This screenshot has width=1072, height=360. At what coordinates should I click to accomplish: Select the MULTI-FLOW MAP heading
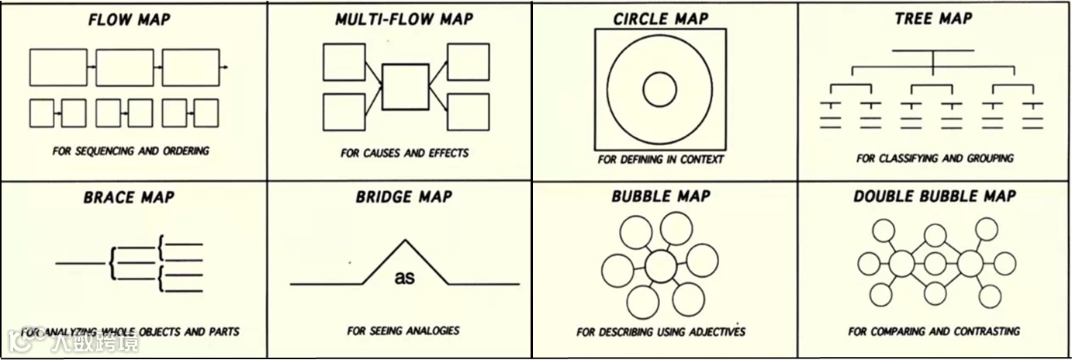[x=403, y=19]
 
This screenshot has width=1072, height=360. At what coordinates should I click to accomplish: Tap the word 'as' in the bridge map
[x=404, y=277]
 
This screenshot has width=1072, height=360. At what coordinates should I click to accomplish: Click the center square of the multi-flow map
[x=405, y=87]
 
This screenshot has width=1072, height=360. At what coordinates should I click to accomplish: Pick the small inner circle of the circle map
[x=659, y=88]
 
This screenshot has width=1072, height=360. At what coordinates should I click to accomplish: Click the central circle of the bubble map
[x=661, y=265]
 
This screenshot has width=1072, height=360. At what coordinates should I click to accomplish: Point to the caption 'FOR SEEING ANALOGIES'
[x=403, y=331]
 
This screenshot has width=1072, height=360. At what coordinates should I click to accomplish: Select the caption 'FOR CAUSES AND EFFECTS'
[x=404, y=153]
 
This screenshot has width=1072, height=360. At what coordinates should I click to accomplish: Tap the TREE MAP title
[x=932, y=19]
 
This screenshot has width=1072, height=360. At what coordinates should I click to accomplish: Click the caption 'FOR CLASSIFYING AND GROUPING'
[x=935, y=158]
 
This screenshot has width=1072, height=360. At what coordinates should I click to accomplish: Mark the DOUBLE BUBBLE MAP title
[x=934, y=196]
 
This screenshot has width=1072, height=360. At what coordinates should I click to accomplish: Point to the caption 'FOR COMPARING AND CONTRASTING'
[x=934, y=331]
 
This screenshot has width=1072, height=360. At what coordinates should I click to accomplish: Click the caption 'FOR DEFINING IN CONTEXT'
[x=660, y=159]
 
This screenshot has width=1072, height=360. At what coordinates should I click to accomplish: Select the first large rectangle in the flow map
[x=58, y=67]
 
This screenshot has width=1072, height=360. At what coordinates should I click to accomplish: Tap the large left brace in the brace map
[x=115, y=264]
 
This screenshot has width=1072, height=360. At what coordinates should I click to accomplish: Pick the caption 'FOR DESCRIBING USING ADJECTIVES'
[x=661, y=332]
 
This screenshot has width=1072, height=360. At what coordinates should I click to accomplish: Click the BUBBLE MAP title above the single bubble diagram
[x=660, y=196]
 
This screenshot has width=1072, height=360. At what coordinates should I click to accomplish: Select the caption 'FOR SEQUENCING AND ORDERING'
[x=131, y=151]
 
